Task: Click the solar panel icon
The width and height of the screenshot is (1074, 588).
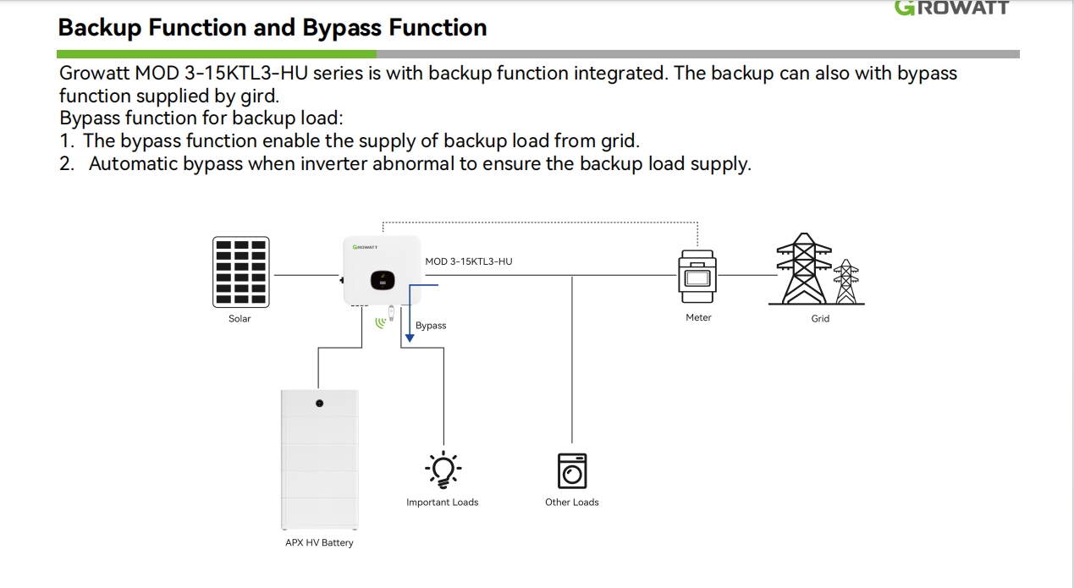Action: coord(240,272)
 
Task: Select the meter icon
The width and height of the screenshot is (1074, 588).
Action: coord(697,275)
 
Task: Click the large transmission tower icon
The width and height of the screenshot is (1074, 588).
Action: coord(803,270)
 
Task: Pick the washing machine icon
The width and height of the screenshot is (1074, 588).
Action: coord(572,470)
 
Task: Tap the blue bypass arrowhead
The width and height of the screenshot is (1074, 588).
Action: coord(410,338)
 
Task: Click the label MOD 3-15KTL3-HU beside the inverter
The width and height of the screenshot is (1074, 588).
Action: coord(468,261)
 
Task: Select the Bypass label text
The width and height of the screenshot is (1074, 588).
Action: coord(431,326)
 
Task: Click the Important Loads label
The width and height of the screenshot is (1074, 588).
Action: coord(442,503)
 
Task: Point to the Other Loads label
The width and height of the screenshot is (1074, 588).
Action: coord(571,503)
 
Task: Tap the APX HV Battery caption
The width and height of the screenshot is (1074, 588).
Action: coord(319,543)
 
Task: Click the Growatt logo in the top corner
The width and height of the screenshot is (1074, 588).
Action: coord(952,8)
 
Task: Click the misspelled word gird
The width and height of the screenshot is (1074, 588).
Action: coord(257,96)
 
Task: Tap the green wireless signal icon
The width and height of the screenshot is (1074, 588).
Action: coord(380,321)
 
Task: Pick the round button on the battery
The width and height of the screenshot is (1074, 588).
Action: coord(320,403)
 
